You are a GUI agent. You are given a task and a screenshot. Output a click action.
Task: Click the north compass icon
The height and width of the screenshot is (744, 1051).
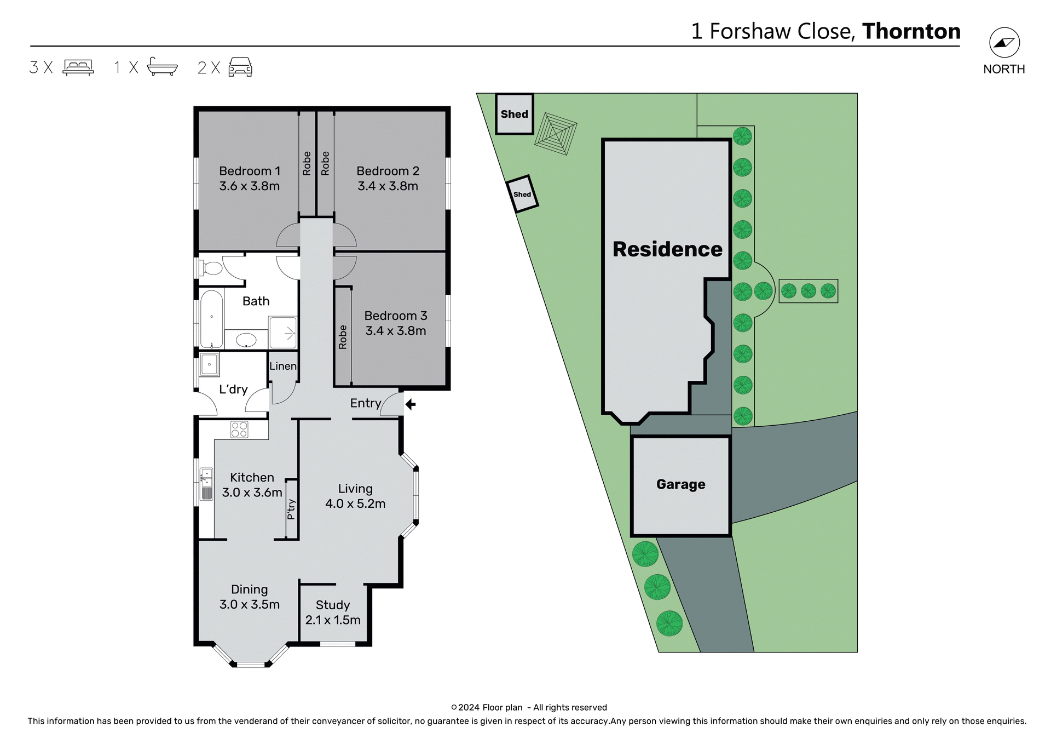click(x=1004, y=43)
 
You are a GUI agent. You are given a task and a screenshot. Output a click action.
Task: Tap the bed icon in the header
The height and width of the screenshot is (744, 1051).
click(x=78, y=67)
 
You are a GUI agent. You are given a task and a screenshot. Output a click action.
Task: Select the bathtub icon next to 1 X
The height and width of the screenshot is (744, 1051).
click(x=163, y=67)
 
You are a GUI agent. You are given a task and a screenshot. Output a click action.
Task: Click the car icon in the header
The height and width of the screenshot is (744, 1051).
click(x=240, y=67)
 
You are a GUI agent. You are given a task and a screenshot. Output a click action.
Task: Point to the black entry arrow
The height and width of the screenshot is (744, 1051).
click(x=411, y=404)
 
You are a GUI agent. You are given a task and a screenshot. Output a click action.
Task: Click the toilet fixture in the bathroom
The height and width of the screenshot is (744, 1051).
click(x=212, y=268)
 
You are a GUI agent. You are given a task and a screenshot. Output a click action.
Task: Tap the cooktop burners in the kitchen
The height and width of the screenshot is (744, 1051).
click(x=239, y=430)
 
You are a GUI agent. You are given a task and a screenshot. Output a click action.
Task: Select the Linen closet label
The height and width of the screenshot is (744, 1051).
click(x=283, y=366)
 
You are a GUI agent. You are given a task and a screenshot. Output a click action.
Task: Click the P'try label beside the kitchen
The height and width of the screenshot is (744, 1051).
click(x=291, y=509)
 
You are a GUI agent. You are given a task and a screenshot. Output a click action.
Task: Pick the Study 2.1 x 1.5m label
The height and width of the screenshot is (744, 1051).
click(x=333, y=613)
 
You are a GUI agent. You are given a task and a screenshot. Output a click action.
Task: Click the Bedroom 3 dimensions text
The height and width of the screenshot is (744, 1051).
click(x=395, y=331)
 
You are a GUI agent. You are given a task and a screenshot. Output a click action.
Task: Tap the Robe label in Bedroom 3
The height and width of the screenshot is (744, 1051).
click(x=343, y=337)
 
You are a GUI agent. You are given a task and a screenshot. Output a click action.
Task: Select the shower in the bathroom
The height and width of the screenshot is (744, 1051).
click(x=283, y=333)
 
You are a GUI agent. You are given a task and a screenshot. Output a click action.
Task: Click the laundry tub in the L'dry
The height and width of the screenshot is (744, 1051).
click(x=209, y=364)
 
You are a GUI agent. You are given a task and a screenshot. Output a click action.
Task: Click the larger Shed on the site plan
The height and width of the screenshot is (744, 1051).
click(x=515, y=114)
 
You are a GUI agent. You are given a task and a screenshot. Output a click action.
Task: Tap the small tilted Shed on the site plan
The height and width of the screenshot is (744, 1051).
click(x=522, y=194)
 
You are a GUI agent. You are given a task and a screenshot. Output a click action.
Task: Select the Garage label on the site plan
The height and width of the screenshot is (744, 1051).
click(x=680, y=484)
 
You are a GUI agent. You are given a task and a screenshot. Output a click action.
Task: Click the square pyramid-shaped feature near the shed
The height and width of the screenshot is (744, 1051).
click(x=556, y=133)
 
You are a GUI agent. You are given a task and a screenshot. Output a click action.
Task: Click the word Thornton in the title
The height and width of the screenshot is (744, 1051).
click(x=911, y=31)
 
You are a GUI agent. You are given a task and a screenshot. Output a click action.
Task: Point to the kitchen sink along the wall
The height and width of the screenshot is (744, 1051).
click(x=206, y=484)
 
